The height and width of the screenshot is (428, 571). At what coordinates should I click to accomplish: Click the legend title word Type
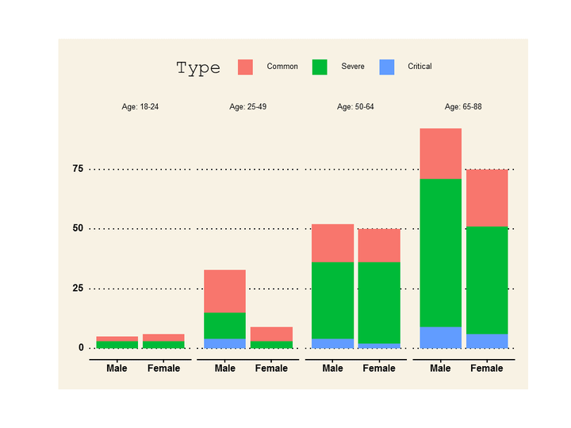pos(198,68)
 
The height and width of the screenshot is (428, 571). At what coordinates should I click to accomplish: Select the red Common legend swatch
pos(245,67)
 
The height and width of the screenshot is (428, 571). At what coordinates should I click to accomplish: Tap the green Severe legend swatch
pos(320,67)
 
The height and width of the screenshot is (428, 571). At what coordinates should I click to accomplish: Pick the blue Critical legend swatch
pos(387,67)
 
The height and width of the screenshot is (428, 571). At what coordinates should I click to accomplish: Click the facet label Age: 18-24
pos(140,106)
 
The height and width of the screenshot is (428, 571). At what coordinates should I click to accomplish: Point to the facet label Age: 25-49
pos(247,106)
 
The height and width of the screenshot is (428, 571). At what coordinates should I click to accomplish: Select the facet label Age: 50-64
pos(355,106)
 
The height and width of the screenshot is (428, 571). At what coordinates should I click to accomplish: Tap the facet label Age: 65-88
pos(463,106)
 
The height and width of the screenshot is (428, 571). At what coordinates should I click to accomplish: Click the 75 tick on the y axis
pos(78,169)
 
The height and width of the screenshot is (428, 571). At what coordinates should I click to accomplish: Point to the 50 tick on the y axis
pos(78,228)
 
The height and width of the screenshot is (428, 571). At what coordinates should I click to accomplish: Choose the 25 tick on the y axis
pos(78,288)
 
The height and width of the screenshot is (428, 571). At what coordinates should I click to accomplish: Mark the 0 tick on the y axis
pos(81,347)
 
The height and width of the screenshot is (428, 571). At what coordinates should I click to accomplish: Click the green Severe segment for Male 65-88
pos(441,253)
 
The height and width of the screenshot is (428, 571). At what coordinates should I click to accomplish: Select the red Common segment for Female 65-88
pos(487,197)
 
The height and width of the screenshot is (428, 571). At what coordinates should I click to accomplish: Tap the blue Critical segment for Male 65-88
pos(441,337)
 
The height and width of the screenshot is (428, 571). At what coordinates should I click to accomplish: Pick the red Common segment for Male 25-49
pos(225,291)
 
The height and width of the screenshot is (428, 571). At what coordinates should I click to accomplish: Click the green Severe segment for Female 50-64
pos(379,303)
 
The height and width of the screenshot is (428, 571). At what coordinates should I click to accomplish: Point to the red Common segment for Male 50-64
pos(333,243)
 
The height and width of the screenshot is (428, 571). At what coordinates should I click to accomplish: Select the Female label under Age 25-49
pos(271,369)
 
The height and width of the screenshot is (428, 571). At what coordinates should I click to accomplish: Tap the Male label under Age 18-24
pos(117,369)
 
